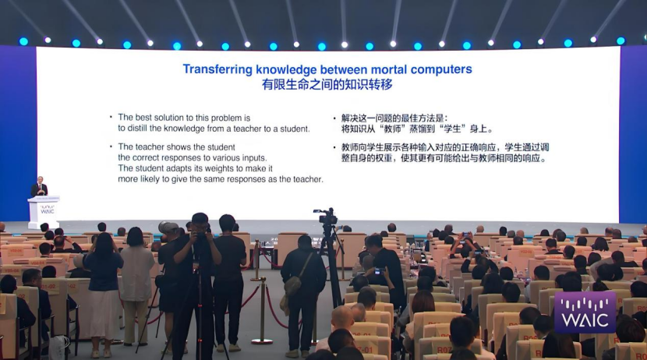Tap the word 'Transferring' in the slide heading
click(217, 69)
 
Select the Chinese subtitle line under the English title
click(327, 84)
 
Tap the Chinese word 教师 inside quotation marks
click(392, 129)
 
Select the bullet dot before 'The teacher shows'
click(111, 146)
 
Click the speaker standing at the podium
click(39, 187)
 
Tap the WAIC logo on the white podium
click(47, 209)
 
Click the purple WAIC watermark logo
click(585, 312)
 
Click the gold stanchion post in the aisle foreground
click(263, 310)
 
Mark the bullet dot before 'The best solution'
click(111, 117)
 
